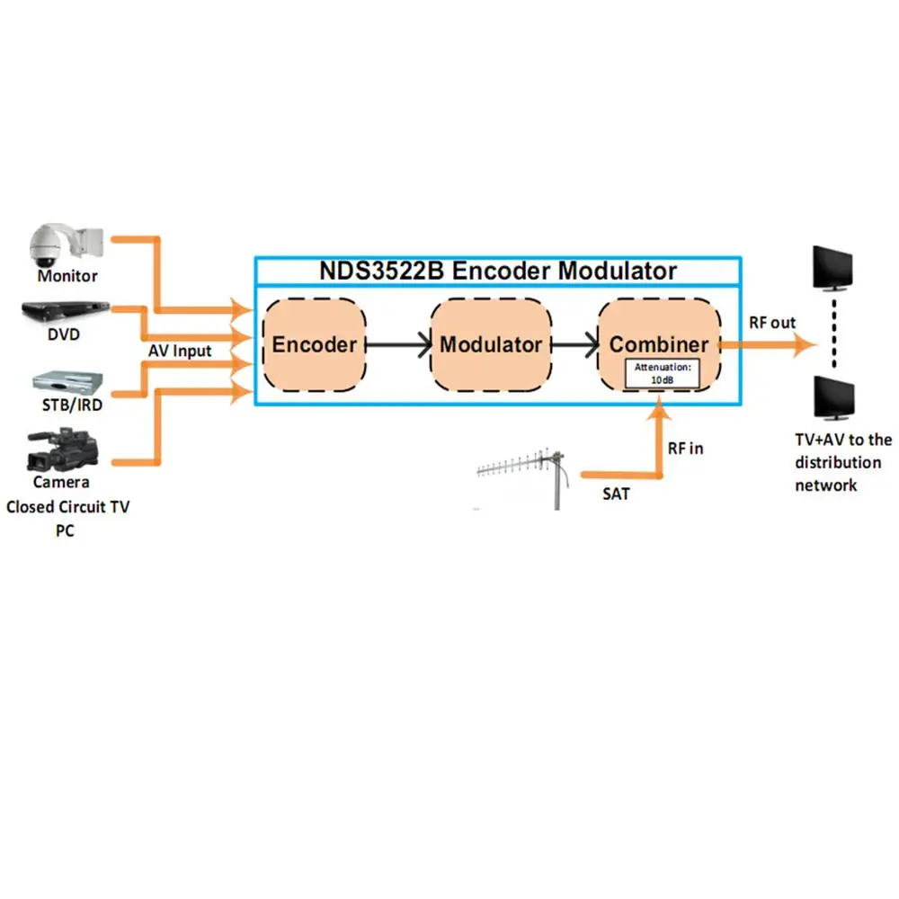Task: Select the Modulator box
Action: pyautogui.click(x=491, y=344)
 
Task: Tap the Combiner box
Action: pyautogui.click(x=659, y=334)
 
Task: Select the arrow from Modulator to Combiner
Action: pyautogui.click(x=576, y=344)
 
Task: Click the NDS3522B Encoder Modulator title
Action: pyautogui.click(x=498, y=271)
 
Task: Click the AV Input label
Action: pyautogui.click(x=181, y=351)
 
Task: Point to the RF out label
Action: pyautogui.click(x=772, y=323)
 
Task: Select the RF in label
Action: pyautogui.click(x=685, y=448)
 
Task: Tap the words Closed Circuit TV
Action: pyautogui.click(x=67, y=507)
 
